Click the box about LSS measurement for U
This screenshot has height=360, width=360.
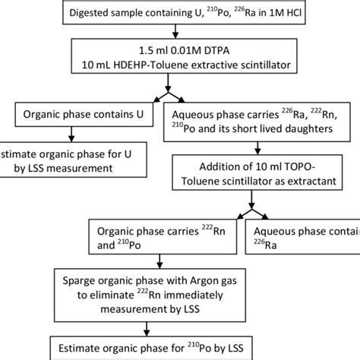(x=68, y=158)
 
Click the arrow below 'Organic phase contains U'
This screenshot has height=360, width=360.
(x=71, y=134)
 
